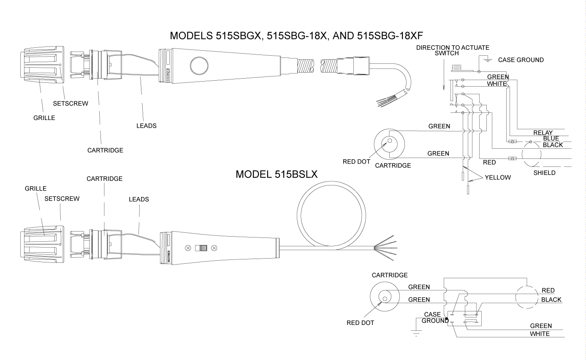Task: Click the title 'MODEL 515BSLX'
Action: pos(277,174)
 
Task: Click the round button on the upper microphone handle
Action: pos(199,66)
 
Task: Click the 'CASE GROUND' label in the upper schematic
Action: pos(521,60)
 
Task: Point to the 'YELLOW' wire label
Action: pos(497,177)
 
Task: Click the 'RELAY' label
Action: pos(543,133)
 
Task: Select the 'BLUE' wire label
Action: pos(551,139)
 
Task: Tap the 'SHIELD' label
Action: pos(544,173)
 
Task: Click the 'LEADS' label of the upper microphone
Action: pos(146,126)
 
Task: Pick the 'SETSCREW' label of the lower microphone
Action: pos(62,199)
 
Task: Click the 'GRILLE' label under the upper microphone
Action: pos(44,118)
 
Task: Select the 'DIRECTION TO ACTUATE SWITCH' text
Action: pos(453,50)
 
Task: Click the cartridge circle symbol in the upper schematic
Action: pos(389,143)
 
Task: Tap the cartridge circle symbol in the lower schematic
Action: pos(385,297)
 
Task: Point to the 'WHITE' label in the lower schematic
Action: pos(540,334)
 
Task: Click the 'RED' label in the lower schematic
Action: pos(548,291)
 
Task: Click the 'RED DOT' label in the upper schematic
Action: pos(356,162)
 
